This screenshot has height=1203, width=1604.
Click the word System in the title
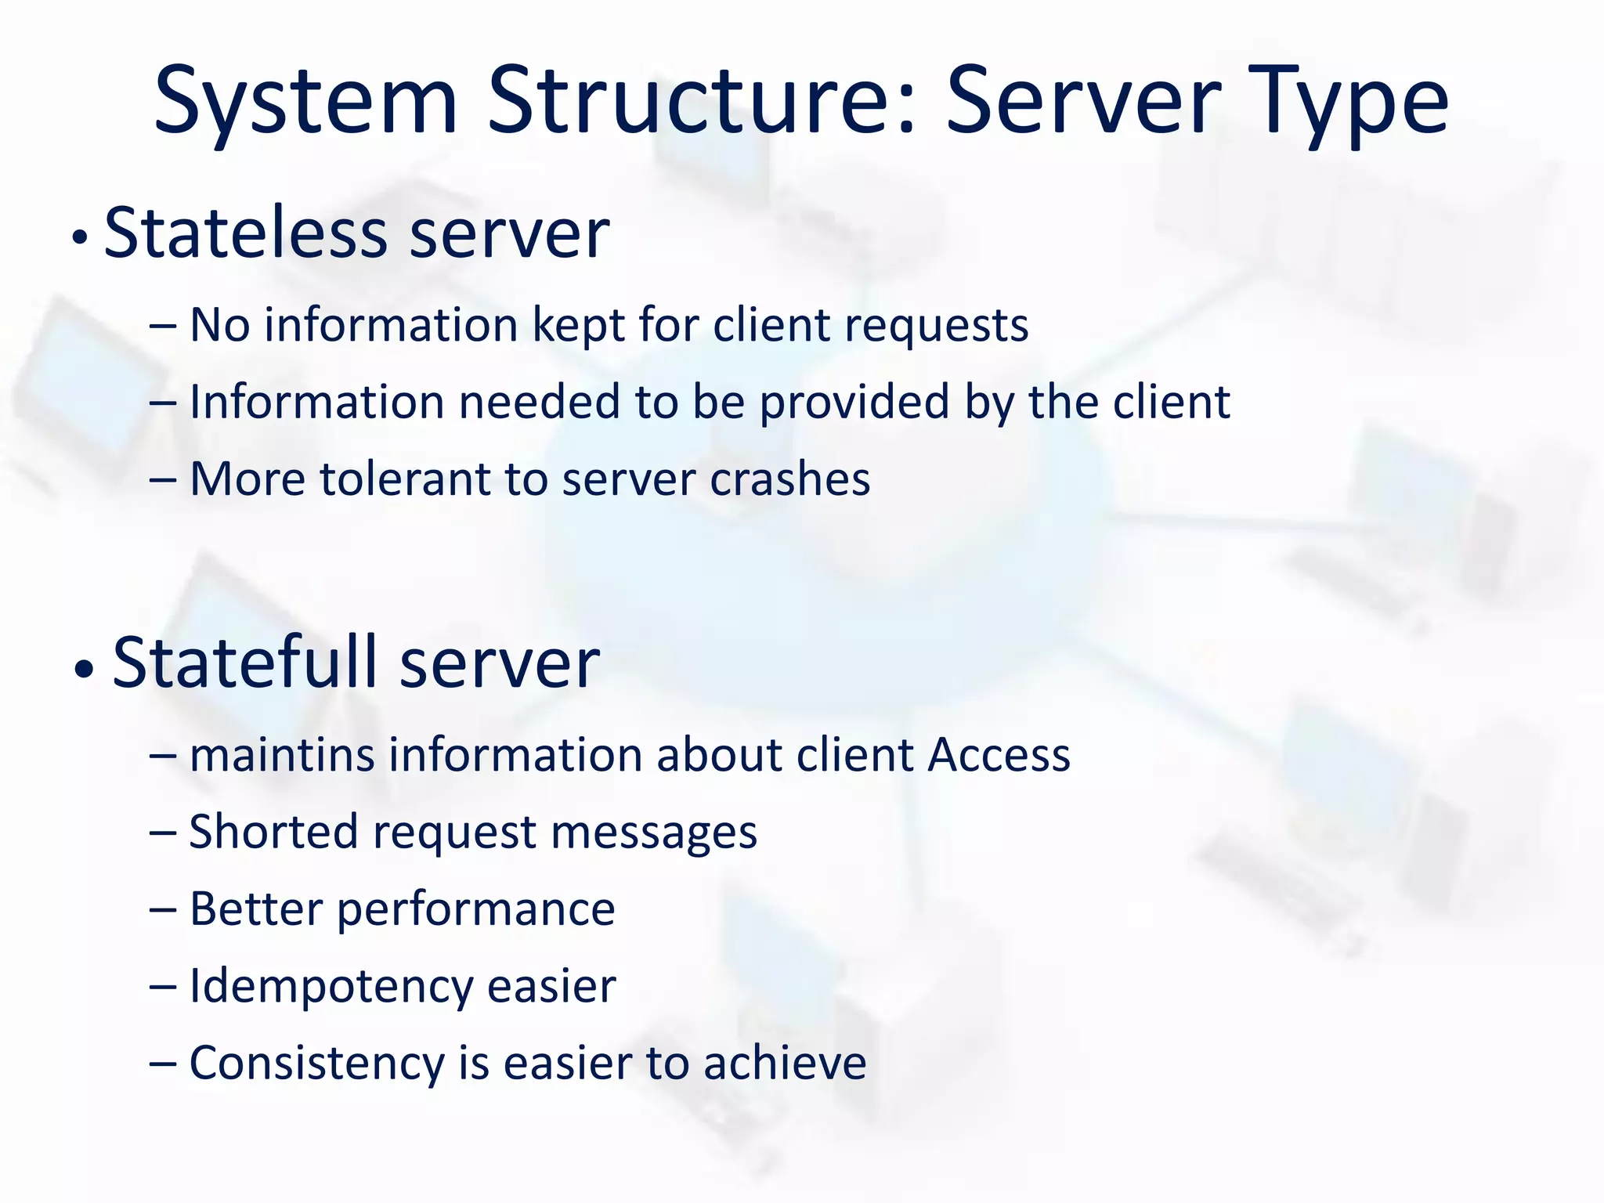pyautogui.click(x=305, y=102)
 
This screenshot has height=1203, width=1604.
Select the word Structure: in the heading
pyautogui.click(x=701, y=102)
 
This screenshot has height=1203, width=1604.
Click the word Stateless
pyautogui.click(x=245, y=233)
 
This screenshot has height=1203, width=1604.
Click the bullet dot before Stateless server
pyautogui.click(x=79, y=238)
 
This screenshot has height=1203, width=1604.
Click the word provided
pyautogui.click(x=854, y=403)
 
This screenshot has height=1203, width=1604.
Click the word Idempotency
pyautogui.click(x=330, y=987)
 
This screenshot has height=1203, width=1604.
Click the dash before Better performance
pyautogui.click(x=162, y=910)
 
